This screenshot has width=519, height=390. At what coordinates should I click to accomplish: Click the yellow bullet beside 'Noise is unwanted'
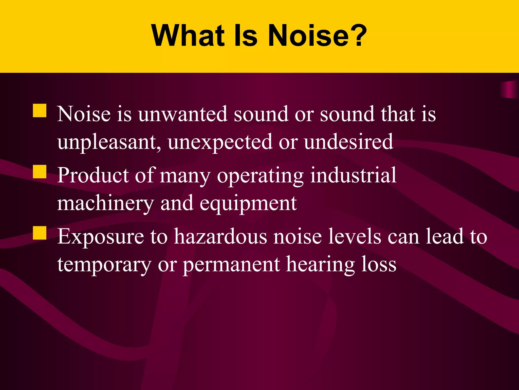(40, 110)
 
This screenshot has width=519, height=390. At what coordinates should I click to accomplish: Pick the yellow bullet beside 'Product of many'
(40, 172)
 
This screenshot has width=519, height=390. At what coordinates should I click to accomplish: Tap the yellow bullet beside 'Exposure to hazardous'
(40, 233)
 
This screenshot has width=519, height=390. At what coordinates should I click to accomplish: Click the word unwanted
(182, 114)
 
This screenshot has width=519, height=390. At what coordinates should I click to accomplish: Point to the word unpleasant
(109, 142)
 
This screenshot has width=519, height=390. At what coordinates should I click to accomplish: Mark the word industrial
(353, 175)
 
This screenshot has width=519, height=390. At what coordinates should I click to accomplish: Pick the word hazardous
(220, 237)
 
